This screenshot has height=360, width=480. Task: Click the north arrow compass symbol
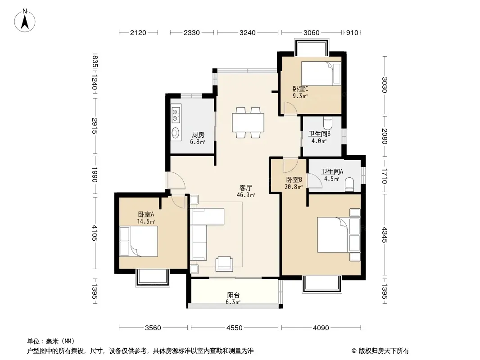pyautogui.click(x=25, y=21)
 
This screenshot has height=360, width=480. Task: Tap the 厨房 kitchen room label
pyautogui.click(x=198, y=135)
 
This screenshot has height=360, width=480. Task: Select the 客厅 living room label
pyautogui.click(x=246, y=188)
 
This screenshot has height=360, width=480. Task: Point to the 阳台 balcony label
pyautogui.click(x=233, y=295)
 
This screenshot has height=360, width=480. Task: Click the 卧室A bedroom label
pyautogui.click(x=146, y=214)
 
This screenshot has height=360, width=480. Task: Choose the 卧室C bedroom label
pyautogui.click(x=300, y=89)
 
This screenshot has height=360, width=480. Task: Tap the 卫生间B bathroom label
pyautogui.click(x=319, y=134)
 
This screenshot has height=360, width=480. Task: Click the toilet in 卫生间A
pyautogui.click(x=349, y=185)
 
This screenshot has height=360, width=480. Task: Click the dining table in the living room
pyautogui.click(x=248, y=123)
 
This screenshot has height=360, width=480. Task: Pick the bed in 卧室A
pyautogui.click(x=139, y=241)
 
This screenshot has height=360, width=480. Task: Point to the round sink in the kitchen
pyautogui.click(x=176, y=133)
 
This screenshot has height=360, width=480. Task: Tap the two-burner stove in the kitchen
pyautogui.click(x=176, y=113)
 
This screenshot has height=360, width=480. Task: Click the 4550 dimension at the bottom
pyautogui.click(x=235, y=328)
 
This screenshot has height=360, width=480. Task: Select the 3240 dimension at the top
pyautogui.click(x=247, y=32)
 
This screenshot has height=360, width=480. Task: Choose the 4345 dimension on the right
pyautogui.click(x=385, y=235)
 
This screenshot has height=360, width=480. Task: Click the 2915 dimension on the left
pyautogui.click(x=95, y=126)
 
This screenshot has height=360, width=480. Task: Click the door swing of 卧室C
pyautogui.click(x=290, y=108)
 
